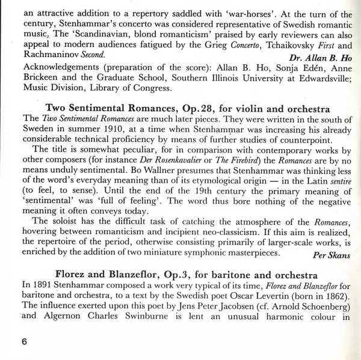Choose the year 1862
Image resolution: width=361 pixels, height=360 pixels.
click(332, 296)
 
